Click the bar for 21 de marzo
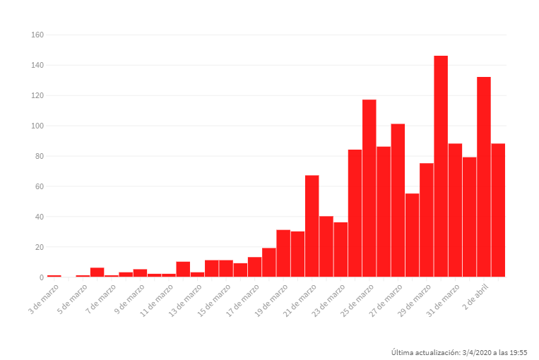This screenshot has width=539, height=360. click(x=312, y=226)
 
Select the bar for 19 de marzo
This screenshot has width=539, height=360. click(x=283, y=253)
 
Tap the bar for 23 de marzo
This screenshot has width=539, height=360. click(x=340, y=250)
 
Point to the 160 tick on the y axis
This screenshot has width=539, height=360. click(x=37, y=35)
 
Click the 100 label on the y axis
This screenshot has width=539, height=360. click(x=37, y=126)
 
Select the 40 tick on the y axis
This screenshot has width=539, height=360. click(x=40, y=217)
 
